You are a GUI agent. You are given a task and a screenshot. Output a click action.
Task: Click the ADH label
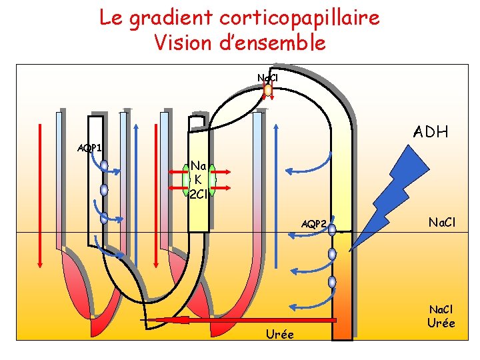click(431, 131)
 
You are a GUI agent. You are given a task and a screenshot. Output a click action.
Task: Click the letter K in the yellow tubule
click(198, 179)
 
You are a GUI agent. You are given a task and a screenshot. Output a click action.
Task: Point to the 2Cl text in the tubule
click(199, 194)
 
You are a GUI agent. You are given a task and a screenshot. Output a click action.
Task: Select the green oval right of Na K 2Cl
click(212, 180)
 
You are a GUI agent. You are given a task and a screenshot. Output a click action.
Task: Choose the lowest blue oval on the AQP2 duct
click(332, 282)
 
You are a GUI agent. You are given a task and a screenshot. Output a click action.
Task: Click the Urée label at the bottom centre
click(279, 333)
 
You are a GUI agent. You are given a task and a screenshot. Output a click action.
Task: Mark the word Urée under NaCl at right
click(442, 323)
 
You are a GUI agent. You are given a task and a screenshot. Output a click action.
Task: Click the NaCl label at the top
click(267, 78)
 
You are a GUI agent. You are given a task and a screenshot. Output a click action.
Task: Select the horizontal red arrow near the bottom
click(240, 321)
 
